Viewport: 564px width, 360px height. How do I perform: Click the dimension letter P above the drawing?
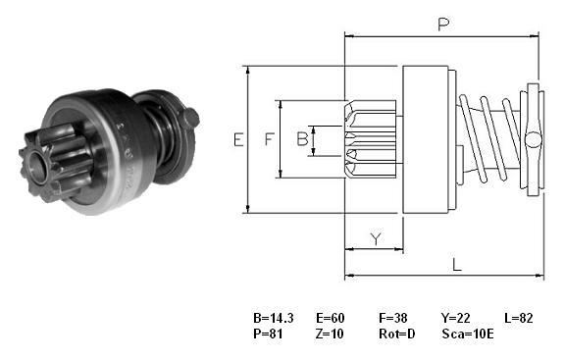(443, 25)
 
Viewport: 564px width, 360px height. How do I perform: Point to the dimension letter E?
(238, 139)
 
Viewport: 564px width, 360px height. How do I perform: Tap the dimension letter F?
(270, 139)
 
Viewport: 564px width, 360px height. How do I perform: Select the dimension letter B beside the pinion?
(302, 139)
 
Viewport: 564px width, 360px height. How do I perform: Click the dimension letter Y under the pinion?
(376, 238)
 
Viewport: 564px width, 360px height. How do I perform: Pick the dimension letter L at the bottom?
(456, 265)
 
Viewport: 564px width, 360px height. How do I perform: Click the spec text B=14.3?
(274, 318)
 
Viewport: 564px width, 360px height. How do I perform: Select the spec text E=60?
(331, 318)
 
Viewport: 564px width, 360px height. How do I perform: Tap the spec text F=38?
(393, 318)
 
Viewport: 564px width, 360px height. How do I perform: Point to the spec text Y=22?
(456, 318)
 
